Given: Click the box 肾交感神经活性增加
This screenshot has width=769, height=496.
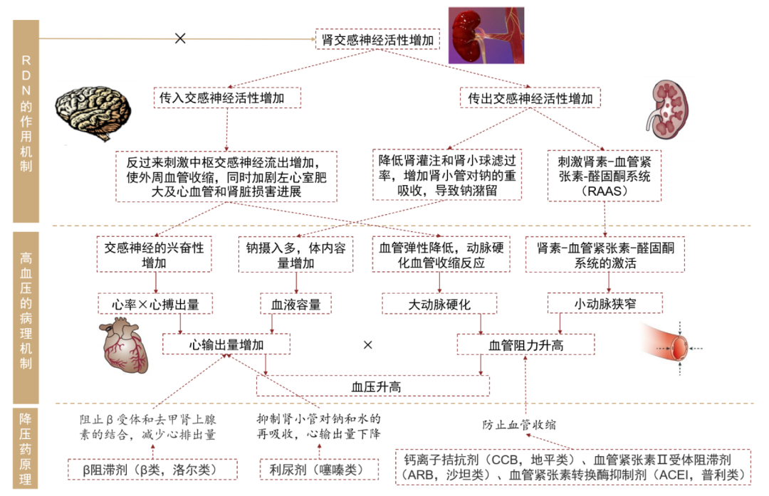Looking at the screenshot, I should pos(377,39).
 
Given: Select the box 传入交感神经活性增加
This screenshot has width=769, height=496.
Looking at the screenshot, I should pos(226,98).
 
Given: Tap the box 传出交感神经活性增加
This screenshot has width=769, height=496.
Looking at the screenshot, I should pos(529,98).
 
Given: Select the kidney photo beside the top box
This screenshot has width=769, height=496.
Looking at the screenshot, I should pos(486,36).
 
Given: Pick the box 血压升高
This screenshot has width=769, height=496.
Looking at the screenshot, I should pos(373,386).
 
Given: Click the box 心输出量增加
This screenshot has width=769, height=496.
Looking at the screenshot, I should pos(226,345).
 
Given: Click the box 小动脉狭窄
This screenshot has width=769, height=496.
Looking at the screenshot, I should pos(605,304).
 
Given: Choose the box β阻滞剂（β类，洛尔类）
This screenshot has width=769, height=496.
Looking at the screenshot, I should pos(154,470).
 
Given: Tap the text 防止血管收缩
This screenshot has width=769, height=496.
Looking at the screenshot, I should pos(519,425).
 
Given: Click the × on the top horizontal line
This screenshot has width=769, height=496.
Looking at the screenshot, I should pos(180,38).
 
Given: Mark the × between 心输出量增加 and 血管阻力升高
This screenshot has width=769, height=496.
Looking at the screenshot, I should pos(368,345).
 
